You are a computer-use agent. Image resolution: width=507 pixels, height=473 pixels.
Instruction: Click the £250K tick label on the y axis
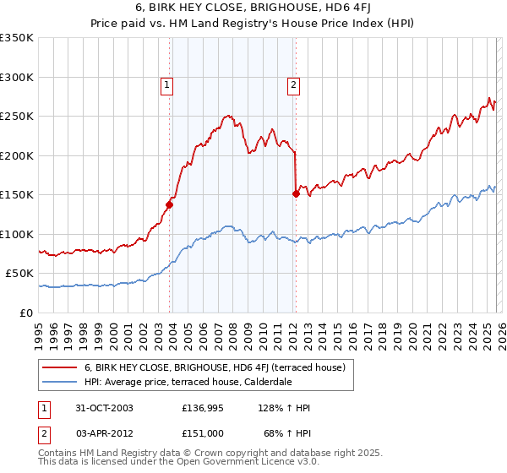(17, 116)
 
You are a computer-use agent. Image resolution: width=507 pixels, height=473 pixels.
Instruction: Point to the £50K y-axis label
(19, 274)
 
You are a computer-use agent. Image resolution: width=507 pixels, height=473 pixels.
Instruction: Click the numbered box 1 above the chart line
(166, 84)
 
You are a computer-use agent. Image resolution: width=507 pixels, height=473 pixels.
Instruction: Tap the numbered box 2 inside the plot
(292, 84)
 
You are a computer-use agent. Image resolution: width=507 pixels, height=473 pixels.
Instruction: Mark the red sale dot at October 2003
(170, 204)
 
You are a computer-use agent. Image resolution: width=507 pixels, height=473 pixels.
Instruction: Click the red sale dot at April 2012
(296, 193)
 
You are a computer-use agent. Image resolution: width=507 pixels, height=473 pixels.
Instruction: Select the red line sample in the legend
(59, 367)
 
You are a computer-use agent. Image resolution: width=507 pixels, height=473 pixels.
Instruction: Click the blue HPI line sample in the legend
(59, 383)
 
